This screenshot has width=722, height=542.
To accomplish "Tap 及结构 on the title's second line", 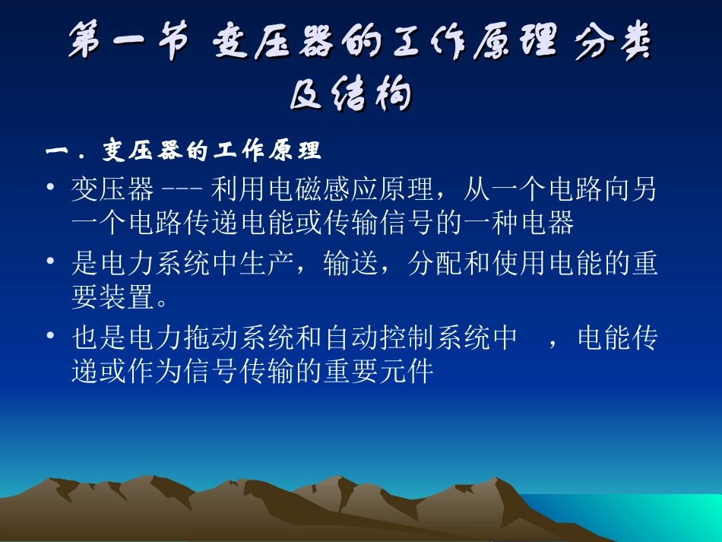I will tap(350, 96).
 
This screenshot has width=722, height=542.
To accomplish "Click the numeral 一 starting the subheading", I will tap(58, 151).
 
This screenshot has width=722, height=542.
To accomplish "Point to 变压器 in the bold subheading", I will tap(130, 151).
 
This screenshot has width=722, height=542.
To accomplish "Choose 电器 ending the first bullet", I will tap(544, 223).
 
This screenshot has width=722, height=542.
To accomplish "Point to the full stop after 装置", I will tap(162, 302).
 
